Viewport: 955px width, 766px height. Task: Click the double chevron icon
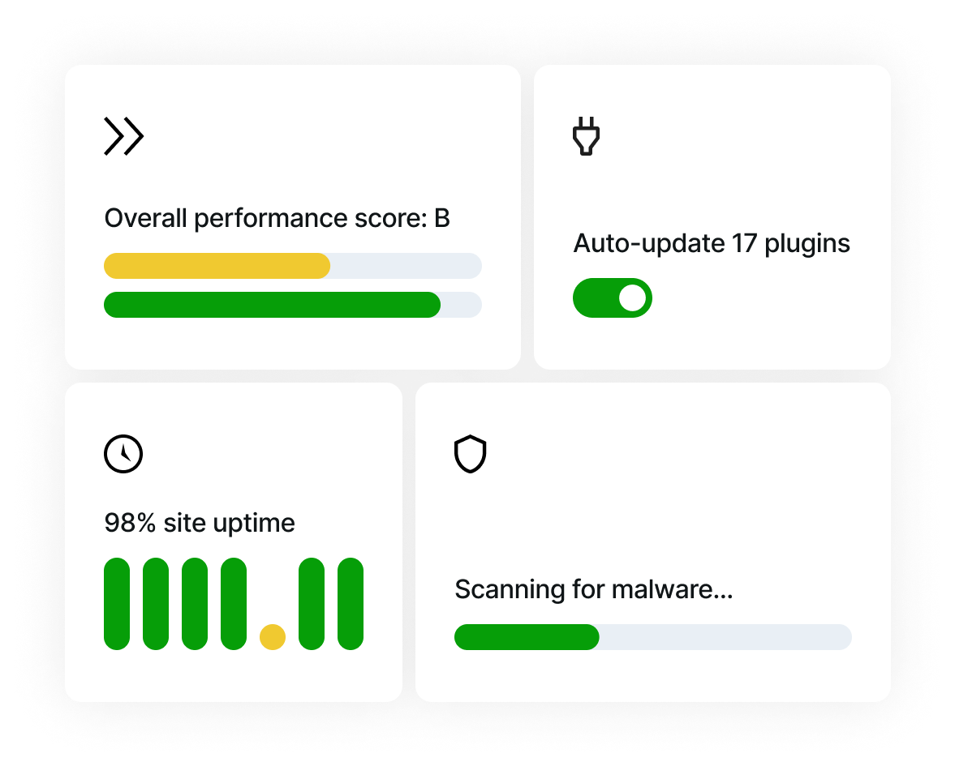point(123,136)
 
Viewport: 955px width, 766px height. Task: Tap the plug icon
point(586,136)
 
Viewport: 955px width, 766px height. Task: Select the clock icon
point(123,454)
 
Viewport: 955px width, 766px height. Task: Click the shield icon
point(470,454)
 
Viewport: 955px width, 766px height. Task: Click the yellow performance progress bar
point(217,266)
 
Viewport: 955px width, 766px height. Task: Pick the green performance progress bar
point(272,305)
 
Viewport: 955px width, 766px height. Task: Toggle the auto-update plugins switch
point(612,297)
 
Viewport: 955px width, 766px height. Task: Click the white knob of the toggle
point(632,297)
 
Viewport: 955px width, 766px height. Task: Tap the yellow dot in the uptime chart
point(273,636)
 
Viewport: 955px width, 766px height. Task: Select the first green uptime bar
point(117,603)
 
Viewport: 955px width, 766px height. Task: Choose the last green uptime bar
point(351,603)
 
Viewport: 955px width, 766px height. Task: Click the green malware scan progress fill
point(526,637)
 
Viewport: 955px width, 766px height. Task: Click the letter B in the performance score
point(441,219)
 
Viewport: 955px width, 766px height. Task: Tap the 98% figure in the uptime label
point(130,523)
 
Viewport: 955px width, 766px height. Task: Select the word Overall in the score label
point(141,219)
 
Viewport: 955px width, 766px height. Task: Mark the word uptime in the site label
point(254,524)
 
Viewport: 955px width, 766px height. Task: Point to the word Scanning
point(497,590)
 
